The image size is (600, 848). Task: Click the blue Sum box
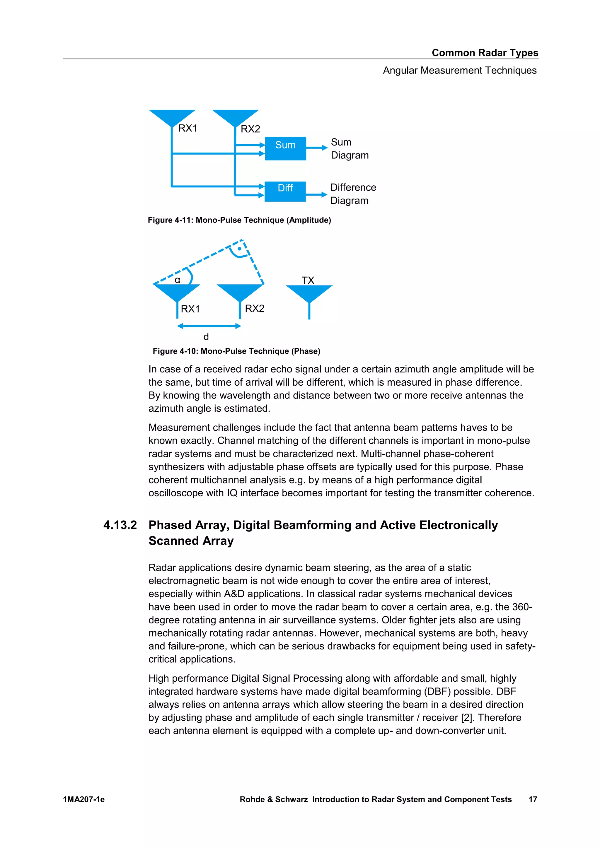pos(285,148)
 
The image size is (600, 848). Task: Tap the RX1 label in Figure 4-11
pos(188,128)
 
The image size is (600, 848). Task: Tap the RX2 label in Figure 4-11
pos(250,129)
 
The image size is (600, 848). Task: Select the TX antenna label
pos(308,280)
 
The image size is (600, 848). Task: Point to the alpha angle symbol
pos(177,280)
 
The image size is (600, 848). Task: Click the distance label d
pos(206,337)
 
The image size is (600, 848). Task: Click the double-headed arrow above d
pos(209,326)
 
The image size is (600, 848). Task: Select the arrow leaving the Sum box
pos(317,148)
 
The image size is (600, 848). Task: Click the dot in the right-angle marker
pos(239,249)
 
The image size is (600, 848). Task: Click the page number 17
pos(532,799)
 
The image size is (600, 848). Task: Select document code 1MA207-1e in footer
pos(84,799)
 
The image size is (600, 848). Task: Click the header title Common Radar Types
pos(485,53)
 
